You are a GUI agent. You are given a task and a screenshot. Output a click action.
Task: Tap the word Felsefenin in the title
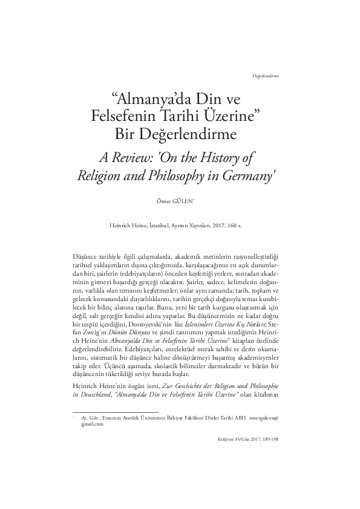click(137, 115)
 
